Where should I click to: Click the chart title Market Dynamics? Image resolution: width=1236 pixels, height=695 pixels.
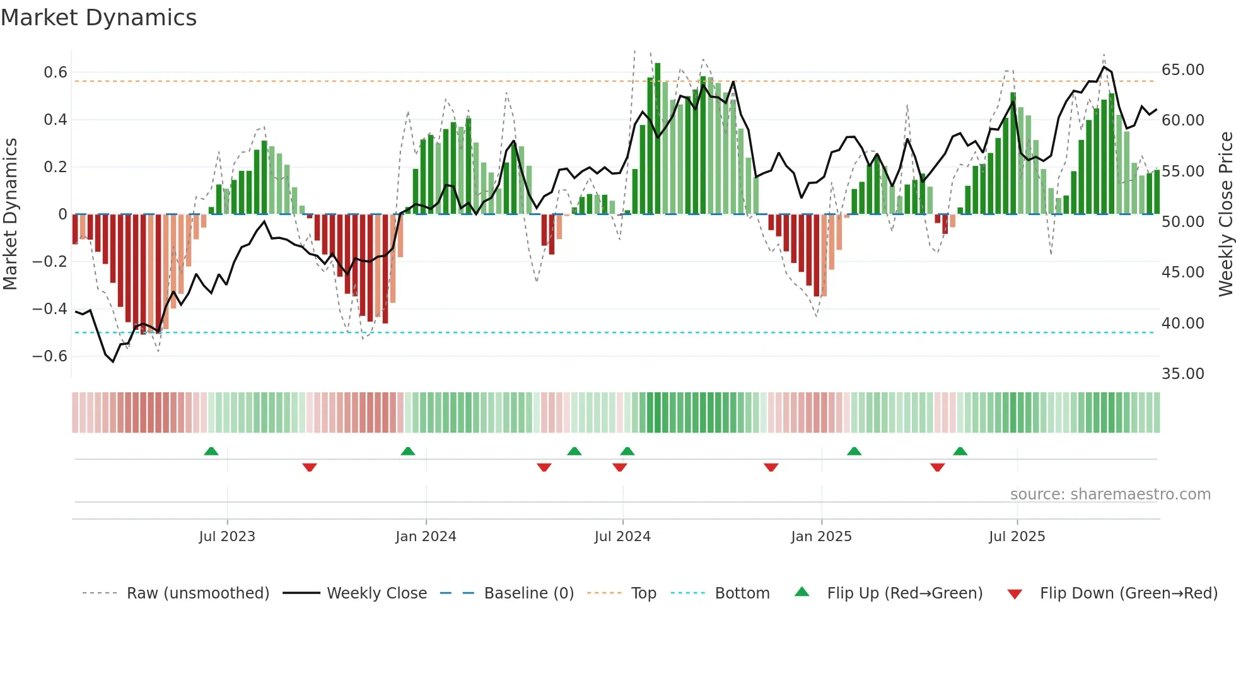click(x=98, y=18)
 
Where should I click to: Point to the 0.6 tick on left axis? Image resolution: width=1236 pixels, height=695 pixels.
click(x=55, y=73)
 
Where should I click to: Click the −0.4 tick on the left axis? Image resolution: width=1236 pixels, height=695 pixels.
click(x=50, y=309)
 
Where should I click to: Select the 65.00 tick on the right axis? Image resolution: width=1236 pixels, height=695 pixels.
click(x=1182, y=70)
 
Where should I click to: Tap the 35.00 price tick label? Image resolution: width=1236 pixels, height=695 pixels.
click(x=1182, y=374)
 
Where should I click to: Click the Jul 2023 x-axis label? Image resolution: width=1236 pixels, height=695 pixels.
click(x=227, y=537)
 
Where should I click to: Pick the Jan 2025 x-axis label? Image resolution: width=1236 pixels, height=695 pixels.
click(x=821, y=537)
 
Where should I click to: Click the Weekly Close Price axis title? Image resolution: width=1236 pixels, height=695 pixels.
click(x=1225, y=214)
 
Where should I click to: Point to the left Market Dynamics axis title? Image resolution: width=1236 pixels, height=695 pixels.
click(x=10, y=214)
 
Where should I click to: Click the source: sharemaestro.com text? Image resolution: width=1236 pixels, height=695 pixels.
click(x=1110, y=494)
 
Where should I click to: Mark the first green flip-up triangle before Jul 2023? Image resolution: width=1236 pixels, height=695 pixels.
click(x=211, y=452)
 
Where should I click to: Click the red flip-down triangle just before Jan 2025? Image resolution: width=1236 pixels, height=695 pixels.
click(x=771, y=467)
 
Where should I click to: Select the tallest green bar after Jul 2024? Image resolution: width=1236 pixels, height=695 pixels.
click(x=657, y=139)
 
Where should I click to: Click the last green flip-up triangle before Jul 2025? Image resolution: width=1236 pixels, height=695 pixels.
click(x=960, y=452)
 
